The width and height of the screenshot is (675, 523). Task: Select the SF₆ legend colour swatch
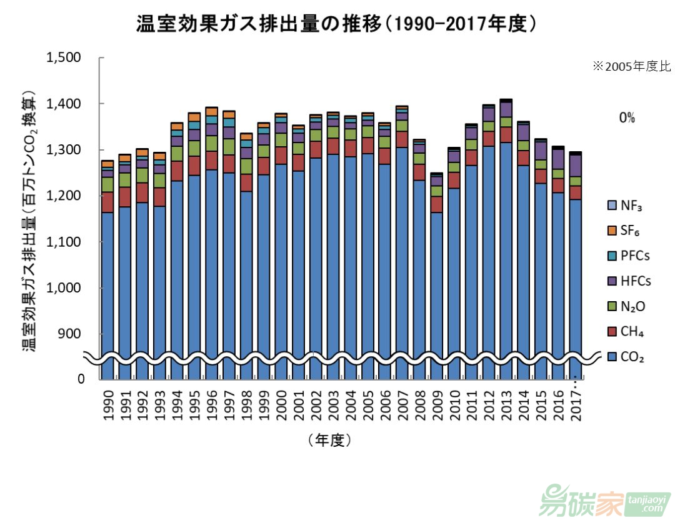tap(612, 231)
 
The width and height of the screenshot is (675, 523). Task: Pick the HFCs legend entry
tap(629, 281)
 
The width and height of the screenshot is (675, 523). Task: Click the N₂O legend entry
tap(627, 306)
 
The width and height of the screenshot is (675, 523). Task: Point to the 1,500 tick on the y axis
tap(64, 57)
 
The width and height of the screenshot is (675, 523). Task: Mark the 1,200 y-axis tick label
tap(64, 196)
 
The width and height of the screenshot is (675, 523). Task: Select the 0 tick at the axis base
tap(81, 379)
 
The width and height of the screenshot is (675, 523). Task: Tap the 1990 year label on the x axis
tap(108, 407)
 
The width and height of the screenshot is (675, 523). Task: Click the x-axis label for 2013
tap(507, 407)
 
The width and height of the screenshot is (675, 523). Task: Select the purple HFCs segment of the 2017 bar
tap(576, 166)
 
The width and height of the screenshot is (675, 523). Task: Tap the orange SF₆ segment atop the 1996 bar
tap(212, 111)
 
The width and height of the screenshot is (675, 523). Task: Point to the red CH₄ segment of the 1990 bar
tap(108, 202)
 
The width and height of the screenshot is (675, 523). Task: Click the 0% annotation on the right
tap(626, 117)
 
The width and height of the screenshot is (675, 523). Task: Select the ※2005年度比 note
tap(631, 65)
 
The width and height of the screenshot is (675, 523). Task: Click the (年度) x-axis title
tap(329, 440)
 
